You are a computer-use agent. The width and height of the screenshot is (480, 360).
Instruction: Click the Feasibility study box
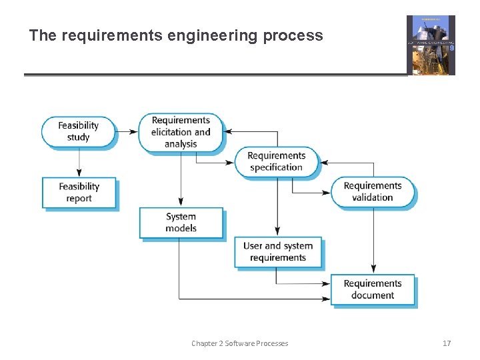(78, 131)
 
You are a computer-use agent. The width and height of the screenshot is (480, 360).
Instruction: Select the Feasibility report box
(79, 192)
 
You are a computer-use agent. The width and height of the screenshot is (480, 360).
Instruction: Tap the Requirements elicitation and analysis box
(181, 132)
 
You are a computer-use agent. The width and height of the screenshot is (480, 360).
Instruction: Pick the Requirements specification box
(276, 161)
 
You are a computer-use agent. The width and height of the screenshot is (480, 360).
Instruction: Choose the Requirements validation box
(372, 191)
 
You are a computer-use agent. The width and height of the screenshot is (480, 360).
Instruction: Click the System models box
(181, 222)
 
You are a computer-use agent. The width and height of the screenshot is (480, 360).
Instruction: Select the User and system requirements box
(277, 251)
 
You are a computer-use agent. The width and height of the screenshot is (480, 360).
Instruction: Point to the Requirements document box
(372, 289)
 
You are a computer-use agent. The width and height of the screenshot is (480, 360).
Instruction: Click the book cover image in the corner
(431, 45)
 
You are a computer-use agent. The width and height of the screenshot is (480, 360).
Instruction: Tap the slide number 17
(447, 343)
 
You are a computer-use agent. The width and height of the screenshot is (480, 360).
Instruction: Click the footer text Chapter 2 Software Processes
(239, 343)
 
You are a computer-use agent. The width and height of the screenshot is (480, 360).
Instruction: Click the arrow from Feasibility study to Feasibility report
(79, 162)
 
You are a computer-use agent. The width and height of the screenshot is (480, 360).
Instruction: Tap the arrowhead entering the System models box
(181, 203)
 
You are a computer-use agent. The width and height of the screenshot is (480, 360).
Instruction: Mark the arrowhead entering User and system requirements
(277, 232)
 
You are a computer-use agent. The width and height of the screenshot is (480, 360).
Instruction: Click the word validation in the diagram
(372, 197)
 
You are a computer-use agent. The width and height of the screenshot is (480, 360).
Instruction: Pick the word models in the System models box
(181, 228)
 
